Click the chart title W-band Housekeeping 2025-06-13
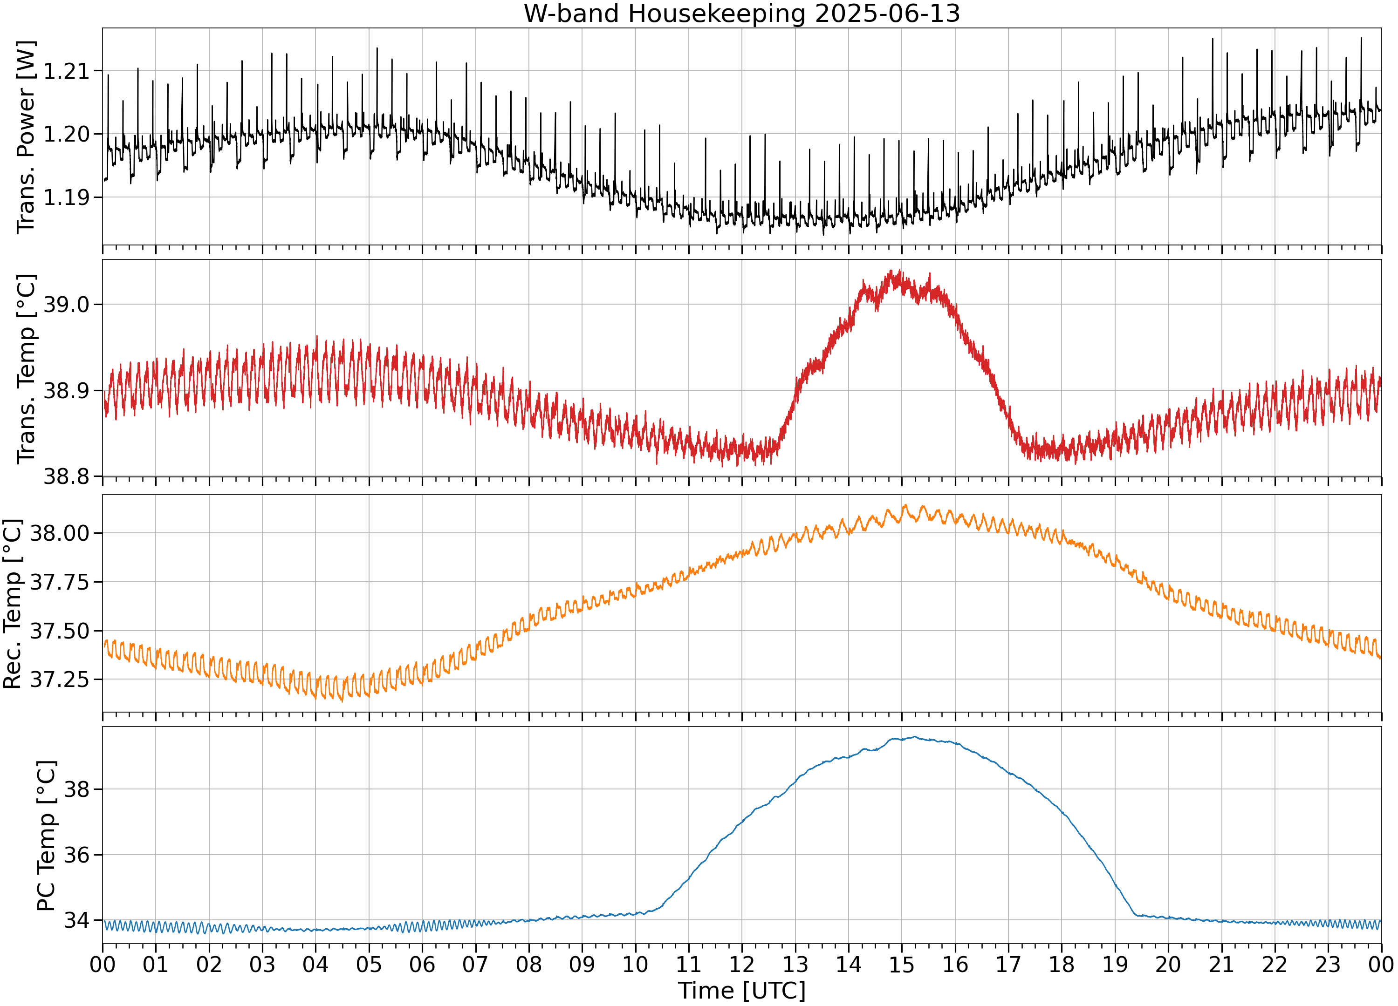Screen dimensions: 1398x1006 (741, 14)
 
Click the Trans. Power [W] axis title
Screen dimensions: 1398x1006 (26, 137)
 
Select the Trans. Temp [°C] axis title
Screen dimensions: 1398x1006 (26, 368)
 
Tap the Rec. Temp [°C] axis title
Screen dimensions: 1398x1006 (12, 604)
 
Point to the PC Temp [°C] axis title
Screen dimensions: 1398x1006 (46, 836)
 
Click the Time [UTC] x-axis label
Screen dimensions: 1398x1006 (741, 991)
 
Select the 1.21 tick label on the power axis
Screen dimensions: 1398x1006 (66, 71)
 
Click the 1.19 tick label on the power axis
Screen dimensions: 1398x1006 (66, 198)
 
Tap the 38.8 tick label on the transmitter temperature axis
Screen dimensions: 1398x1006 (66, 476)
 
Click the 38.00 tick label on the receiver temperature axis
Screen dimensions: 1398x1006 (60, 533)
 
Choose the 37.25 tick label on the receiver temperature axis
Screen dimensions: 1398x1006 (60, 680)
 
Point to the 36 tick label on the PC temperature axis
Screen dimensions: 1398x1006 (76, 856)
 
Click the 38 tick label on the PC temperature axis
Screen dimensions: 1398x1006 (76, 790)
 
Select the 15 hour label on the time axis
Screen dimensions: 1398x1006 (901, 965)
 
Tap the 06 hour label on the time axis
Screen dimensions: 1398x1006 (422, 965)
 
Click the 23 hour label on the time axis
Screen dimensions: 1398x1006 (1328, 965)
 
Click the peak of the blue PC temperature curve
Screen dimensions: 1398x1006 (915, 737)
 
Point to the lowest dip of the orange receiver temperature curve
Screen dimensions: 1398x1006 (343, 701)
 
